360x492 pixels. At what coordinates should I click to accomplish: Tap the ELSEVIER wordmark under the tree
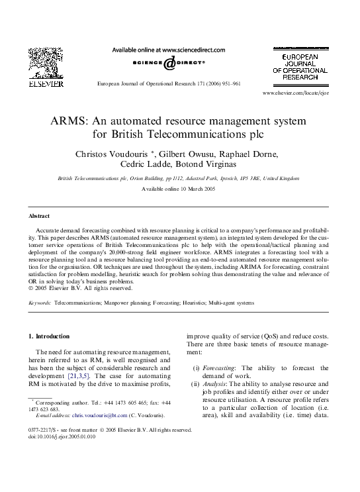(x=46, y=84)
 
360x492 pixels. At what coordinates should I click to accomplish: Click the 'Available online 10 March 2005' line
(x=179, y=189)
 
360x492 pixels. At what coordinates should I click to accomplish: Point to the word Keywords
(x=40, y=301)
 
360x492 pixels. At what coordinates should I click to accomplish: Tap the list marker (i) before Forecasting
(x=196, y=368)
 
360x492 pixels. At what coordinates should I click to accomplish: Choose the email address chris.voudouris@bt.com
(x=99, y=415)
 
